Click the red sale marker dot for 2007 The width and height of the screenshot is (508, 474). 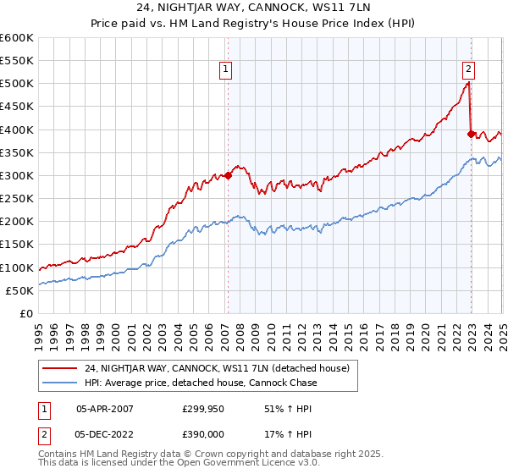click(x=228, y=176)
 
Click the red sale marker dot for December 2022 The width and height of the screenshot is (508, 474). click(x=471, y=134)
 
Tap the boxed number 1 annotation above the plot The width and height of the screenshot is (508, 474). click(x=227, y=70)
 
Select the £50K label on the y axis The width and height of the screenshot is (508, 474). click(x=20, y=290)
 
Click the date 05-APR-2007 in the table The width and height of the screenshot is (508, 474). click(x=104, y=408)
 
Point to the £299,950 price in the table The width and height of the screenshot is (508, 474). click(x=202, y=408)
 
